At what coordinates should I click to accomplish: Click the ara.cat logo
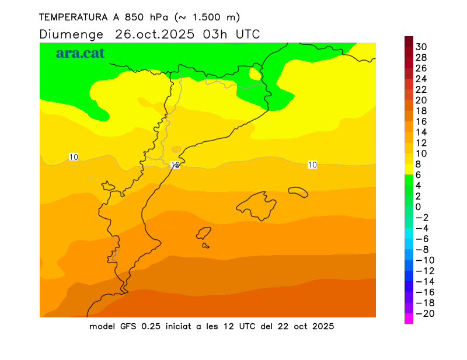pos(81,53)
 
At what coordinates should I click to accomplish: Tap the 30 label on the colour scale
pos(421,47)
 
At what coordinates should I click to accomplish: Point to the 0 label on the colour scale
pos(418,207)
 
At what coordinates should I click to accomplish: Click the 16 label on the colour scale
pos(421,121)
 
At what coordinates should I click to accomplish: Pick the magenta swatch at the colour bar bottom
pos(409,319)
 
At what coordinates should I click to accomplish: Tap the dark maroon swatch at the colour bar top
pos(409,41)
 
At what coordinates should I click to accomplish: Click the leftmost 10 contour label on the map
pos(74,156)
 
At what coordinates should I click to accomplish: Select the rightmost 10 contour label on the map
pos(312,165)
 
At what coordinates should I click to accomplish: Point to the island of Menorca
pos(298,190)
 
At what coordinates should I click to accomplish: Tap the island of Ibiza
pos(204,233)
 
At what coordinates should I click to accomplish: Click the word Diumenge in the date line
pos(72,34)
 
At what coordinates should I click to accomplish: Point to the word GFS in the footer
pos(128,326)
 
